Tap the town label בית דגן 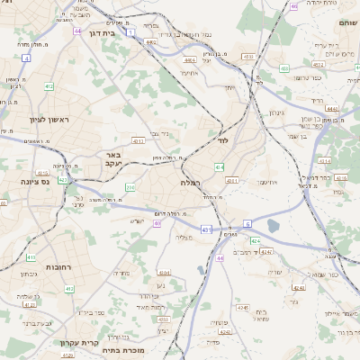tap(103, 32)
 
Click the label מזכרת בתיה tap(124, 350)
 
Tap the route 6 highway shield tap(247, 223)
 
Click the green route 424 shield tap(255, 241)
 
